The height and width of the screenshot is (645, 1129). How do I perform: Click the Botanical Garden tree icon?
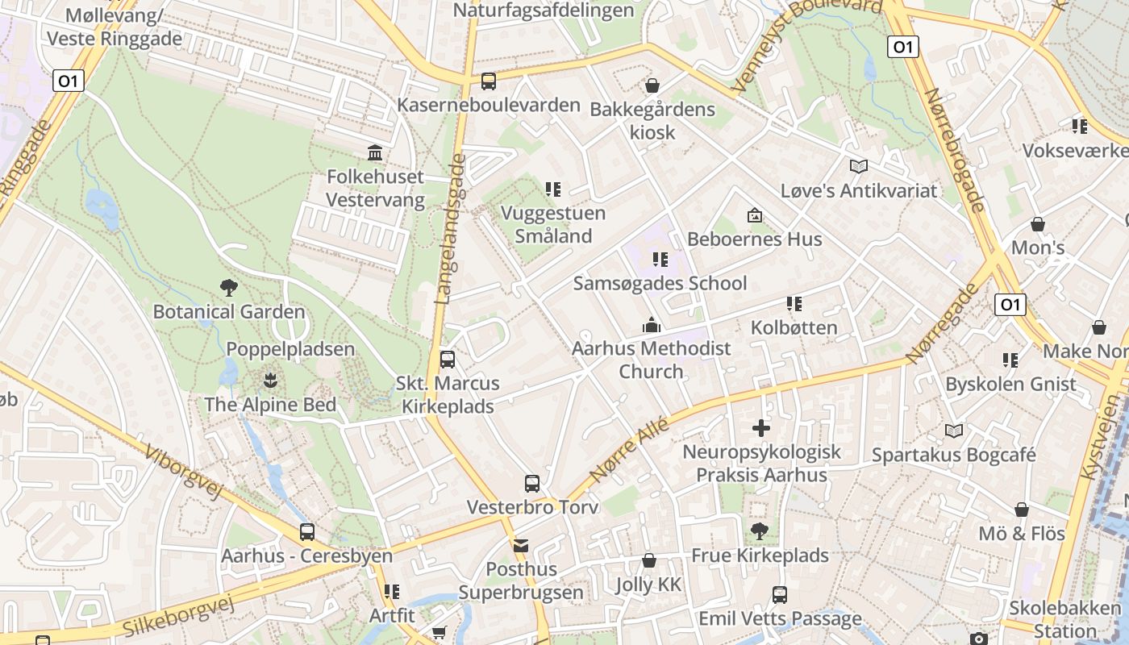229,287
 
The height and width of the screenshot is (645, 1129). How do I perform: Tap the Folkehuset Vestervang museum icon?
375,152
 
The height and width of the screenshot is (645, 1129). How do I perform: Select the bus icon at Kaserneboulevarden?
489,81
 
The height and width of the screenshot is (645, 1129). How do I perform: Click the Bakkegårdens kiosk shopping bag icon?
652,85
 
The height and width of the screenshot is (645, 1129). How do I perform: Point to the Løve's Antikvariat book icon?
859,167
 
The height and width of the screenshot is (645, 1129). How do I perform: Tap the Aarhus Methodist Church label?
651,360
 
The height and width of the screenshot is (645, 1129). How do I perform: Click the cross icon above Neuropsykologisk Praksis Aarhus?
761,428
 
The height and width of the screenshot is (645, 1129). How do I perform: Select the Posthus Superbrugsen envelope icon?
521,546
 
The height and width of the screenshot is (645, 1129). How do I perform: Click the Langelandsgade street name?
451,229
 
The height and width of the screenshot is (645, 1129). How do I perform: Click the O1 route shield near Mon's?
1010,304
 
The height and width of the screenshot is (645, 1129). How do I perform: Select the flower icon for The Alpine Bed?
270,380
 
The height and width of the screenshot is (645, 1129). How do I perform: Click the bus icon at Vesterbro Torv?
532,484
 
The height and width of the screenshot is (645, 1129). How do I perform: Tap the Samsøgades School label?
660,283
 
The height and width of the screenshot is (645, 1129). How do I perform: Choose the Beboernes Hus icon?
755,215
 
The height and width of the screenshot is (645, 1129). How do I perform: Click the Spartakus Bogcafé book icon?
954,431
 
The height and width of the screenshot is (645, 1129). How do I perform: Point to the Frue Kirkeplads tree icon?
759,531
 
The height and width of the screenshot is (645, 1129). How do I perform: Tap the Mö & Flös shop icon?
1022,510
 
